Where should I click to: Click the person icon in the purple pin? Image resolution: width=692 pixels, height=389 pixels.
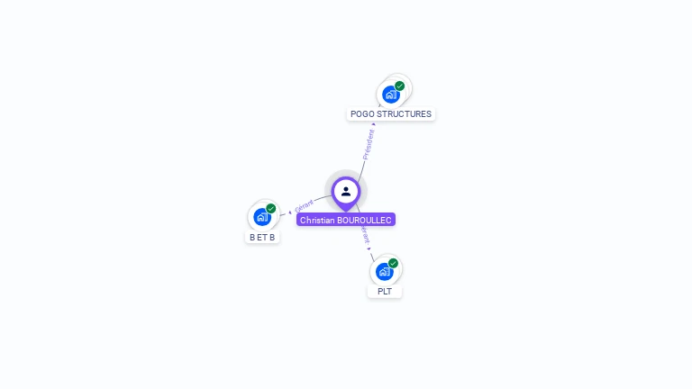point(346,191)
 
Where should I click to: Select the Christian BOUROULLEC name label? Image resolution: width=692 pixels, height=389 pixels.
point(346,220)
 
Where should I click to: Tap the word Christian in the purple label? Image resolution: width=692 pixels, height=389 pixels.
point(317,220)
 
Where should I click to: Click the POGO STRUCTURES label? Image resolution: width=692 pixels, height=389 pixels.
point(391,114)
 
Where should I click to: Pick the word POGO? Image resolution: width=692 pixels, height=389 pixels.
point(362,114)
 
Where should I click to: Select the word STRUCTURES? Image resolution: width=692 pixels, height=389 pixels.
point(404,114)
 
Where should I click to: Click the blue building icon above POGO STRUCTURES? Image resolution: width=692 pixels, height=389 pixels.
point(390,94)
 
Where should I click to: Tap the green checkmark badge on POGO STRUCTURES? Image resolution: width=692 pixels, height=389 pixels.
point(400,86)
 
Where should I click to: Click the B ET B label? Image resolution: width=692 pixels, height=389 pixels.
point(262,237)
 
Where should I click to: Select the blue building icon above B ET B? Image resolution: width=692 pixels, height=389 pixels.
point(261,216)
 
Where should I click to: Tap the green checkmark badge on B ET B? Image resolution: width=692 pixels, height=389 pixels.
point(271,209)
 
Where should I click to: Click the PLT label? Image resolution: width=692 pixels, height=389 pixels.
point(385,292)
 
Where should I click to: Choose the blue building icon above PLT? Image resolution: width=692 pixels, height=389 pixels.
point(384,271)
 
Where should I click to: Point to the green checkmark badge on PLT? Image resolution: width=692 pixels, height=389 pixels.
point(394,263)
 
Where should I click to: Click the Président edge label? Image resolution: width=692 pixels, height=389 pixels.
point(368,144)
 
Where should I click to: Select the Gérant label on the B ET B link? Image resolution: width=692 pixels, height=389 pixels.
point(304,206)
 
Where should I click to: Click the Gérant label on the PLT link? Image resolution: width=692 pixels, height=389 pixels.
point(365,234)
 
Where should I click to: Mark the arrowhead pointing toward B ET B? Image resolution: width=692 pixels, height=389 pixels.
point(290,213)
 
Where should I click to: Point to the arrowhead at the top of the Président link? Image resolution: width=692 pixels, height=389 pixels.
point(374,124)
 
